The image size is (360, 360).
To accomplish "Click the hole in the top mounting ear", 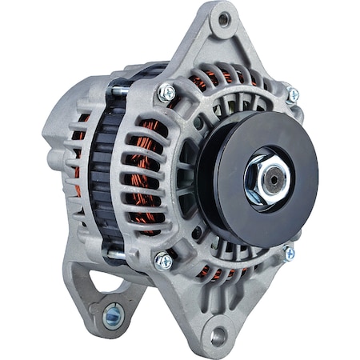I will pyautogui.click(x=225, y=19).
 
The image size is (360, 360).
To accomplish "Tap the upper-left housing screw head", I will pyautogui.click(x=166, y=92).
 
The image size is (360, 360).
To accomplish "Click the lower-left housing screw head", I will pyautogui.click(x=163, y=260).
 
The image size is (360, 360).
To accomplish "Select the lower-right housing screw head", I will pyautogui.click(x=289, y=254).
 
